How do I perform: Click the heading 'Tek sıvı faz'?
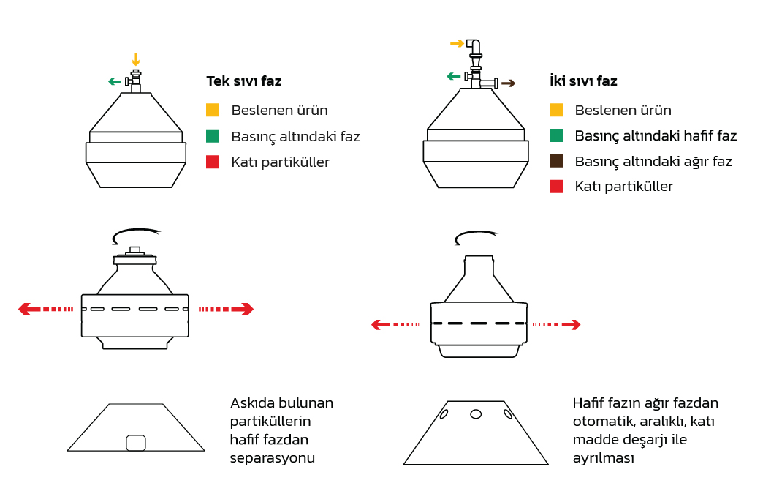(244, 81)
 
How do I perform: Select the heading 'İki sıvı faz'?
(583, 81)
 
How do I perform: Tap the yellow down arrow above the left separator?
(136, 59)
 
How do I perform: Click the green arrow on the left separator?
(115, 81)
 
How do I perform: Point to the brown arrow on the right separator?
(508, 83)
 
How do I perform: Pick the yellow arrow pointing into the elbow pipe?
(457, 43)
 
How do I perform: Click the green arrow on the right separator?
(453, 76)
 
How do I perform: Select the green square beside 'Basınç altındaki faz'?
(213, 136)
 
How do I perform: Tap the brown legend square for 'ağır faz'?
(556, 161)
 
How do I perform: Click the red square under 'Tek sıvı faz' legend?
(213, 162)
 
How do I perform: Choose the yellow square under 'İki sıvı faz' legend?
(556, 110)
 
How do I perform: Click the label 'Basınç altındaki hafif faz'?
(656, 136)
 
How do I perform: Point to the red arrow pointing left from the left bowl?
(45, 309)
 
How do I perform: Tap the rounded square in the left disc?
(136, 443)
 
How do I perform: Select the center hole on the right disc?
(476, 414)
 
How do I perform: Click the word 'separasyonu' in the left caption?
(273, 458)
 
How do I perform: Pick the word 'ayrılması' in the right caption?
(604, 458)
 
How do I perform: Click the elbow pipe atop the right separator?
(474, 48)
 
